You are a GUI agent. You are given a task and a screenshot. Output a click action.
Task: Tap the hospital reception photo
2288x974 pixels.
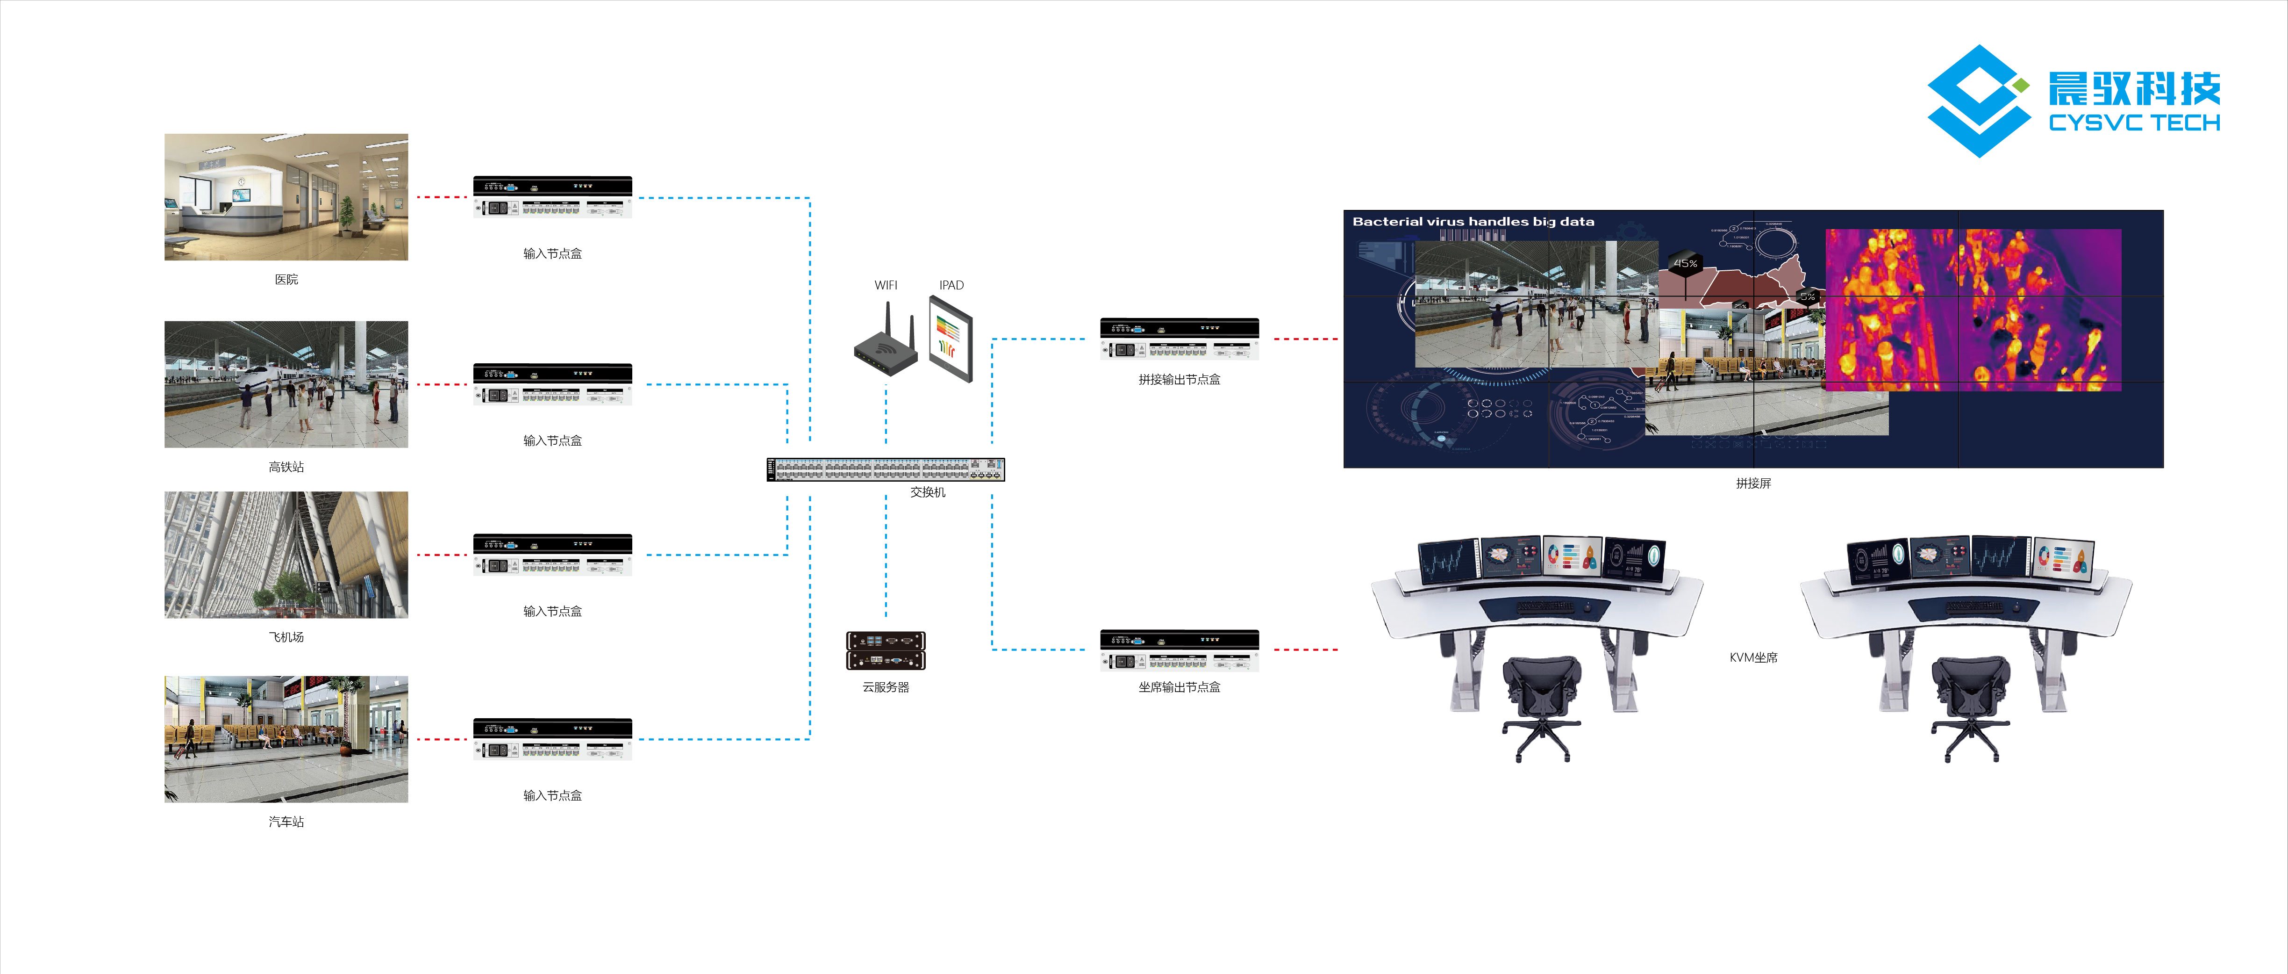[286, 197]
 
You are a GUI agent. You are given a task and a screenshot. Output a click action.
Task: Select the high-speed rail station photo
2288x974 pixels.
[286, 384]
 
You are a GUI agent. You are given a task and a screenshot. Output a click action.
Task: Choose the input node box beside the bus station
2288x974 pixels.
[552, 738]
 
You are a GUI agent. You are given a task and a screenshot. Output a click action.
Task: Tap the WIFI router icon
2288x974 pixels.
[885, 342]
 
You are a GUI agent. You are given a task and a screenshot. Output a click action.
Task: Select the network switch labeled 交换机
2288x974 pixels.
[886, 469]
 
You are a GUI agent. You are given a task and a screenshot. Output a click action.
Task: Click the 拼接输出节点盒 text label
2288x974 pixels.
[1179, 380]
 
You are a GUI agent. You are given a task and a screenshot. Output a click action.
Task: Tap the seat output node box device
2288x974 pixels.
[1179, 649]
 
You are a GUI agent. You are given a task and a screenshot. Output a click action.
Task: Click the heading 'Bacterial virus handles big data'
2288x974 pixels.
[1473, 221]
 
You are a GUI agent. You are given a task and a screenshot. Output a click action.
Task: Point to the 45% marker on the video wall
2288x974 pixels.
[1685, 263]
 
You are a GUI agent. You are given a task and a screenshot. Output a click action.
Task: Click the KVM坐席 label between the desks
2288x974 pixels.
[1752, 657]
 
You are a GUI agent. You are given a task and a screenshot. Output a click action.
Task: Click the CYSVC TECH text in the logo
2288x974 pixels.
[2133, 123]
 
